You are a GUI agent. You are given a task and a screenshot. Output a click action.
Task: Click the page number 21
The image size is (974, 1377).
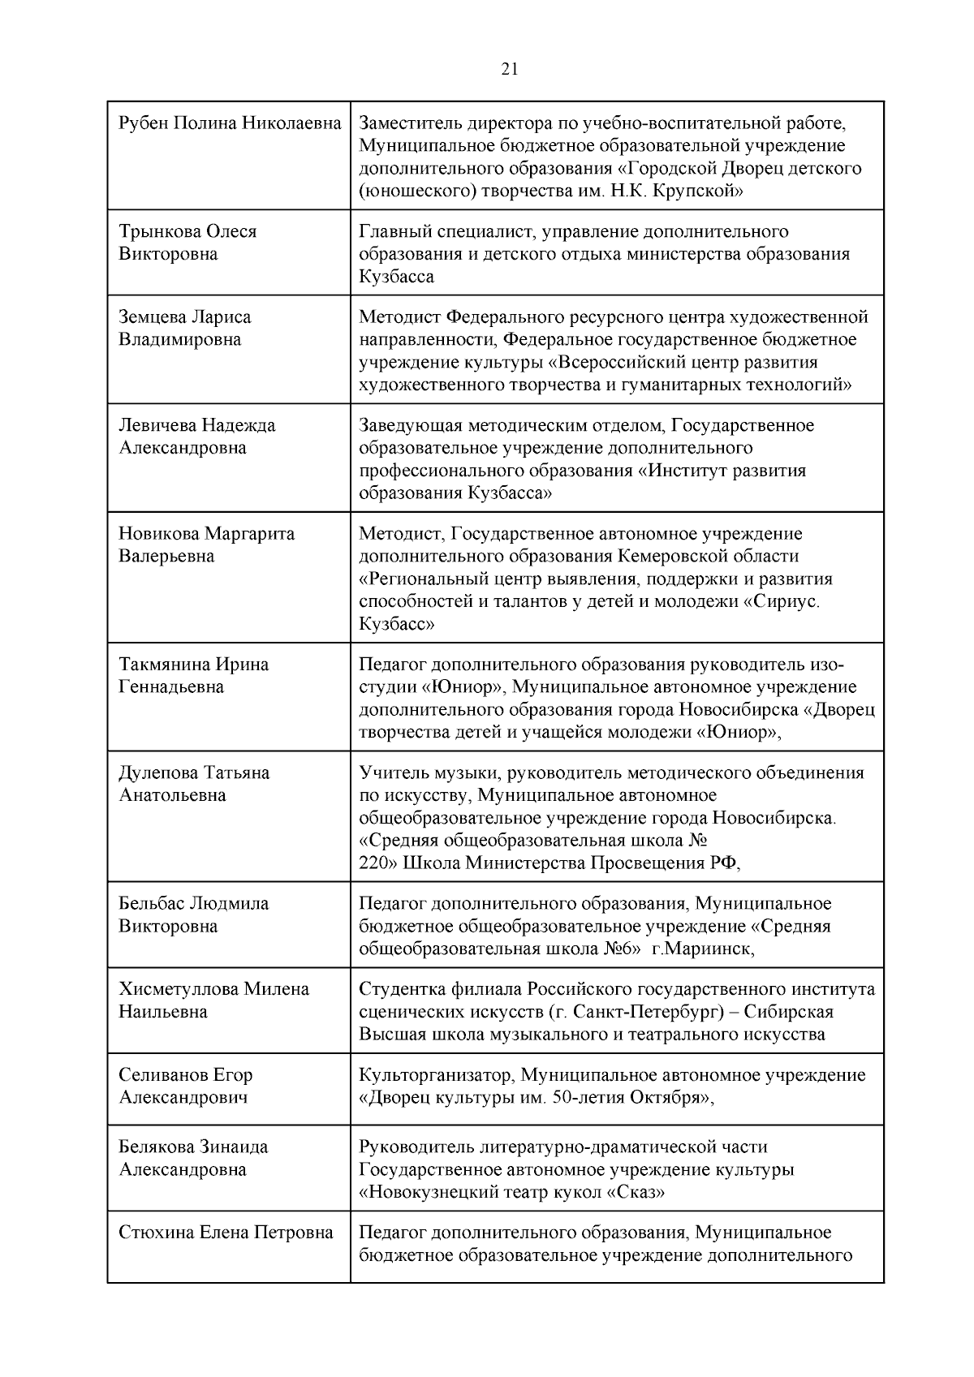(x=510, y=69)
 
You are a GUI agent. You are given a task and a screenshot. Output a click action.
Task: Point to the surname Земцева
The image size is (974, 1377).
(x=153, y=316)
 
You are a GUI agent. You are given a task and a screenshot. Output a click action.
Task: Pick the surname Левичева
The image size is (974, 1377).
(x=157, y=425)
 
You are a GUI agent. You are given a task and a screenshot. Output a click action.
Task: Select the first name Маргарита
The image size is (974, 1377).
(x=249, y=534)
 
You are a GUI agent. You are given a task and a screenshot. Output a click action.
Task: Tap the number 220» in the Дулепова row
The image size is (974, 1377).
(x=377, y=863)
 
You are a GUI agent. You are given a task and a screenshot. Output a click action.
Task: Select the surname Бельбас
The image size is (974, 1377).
(x=151, y=903)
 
